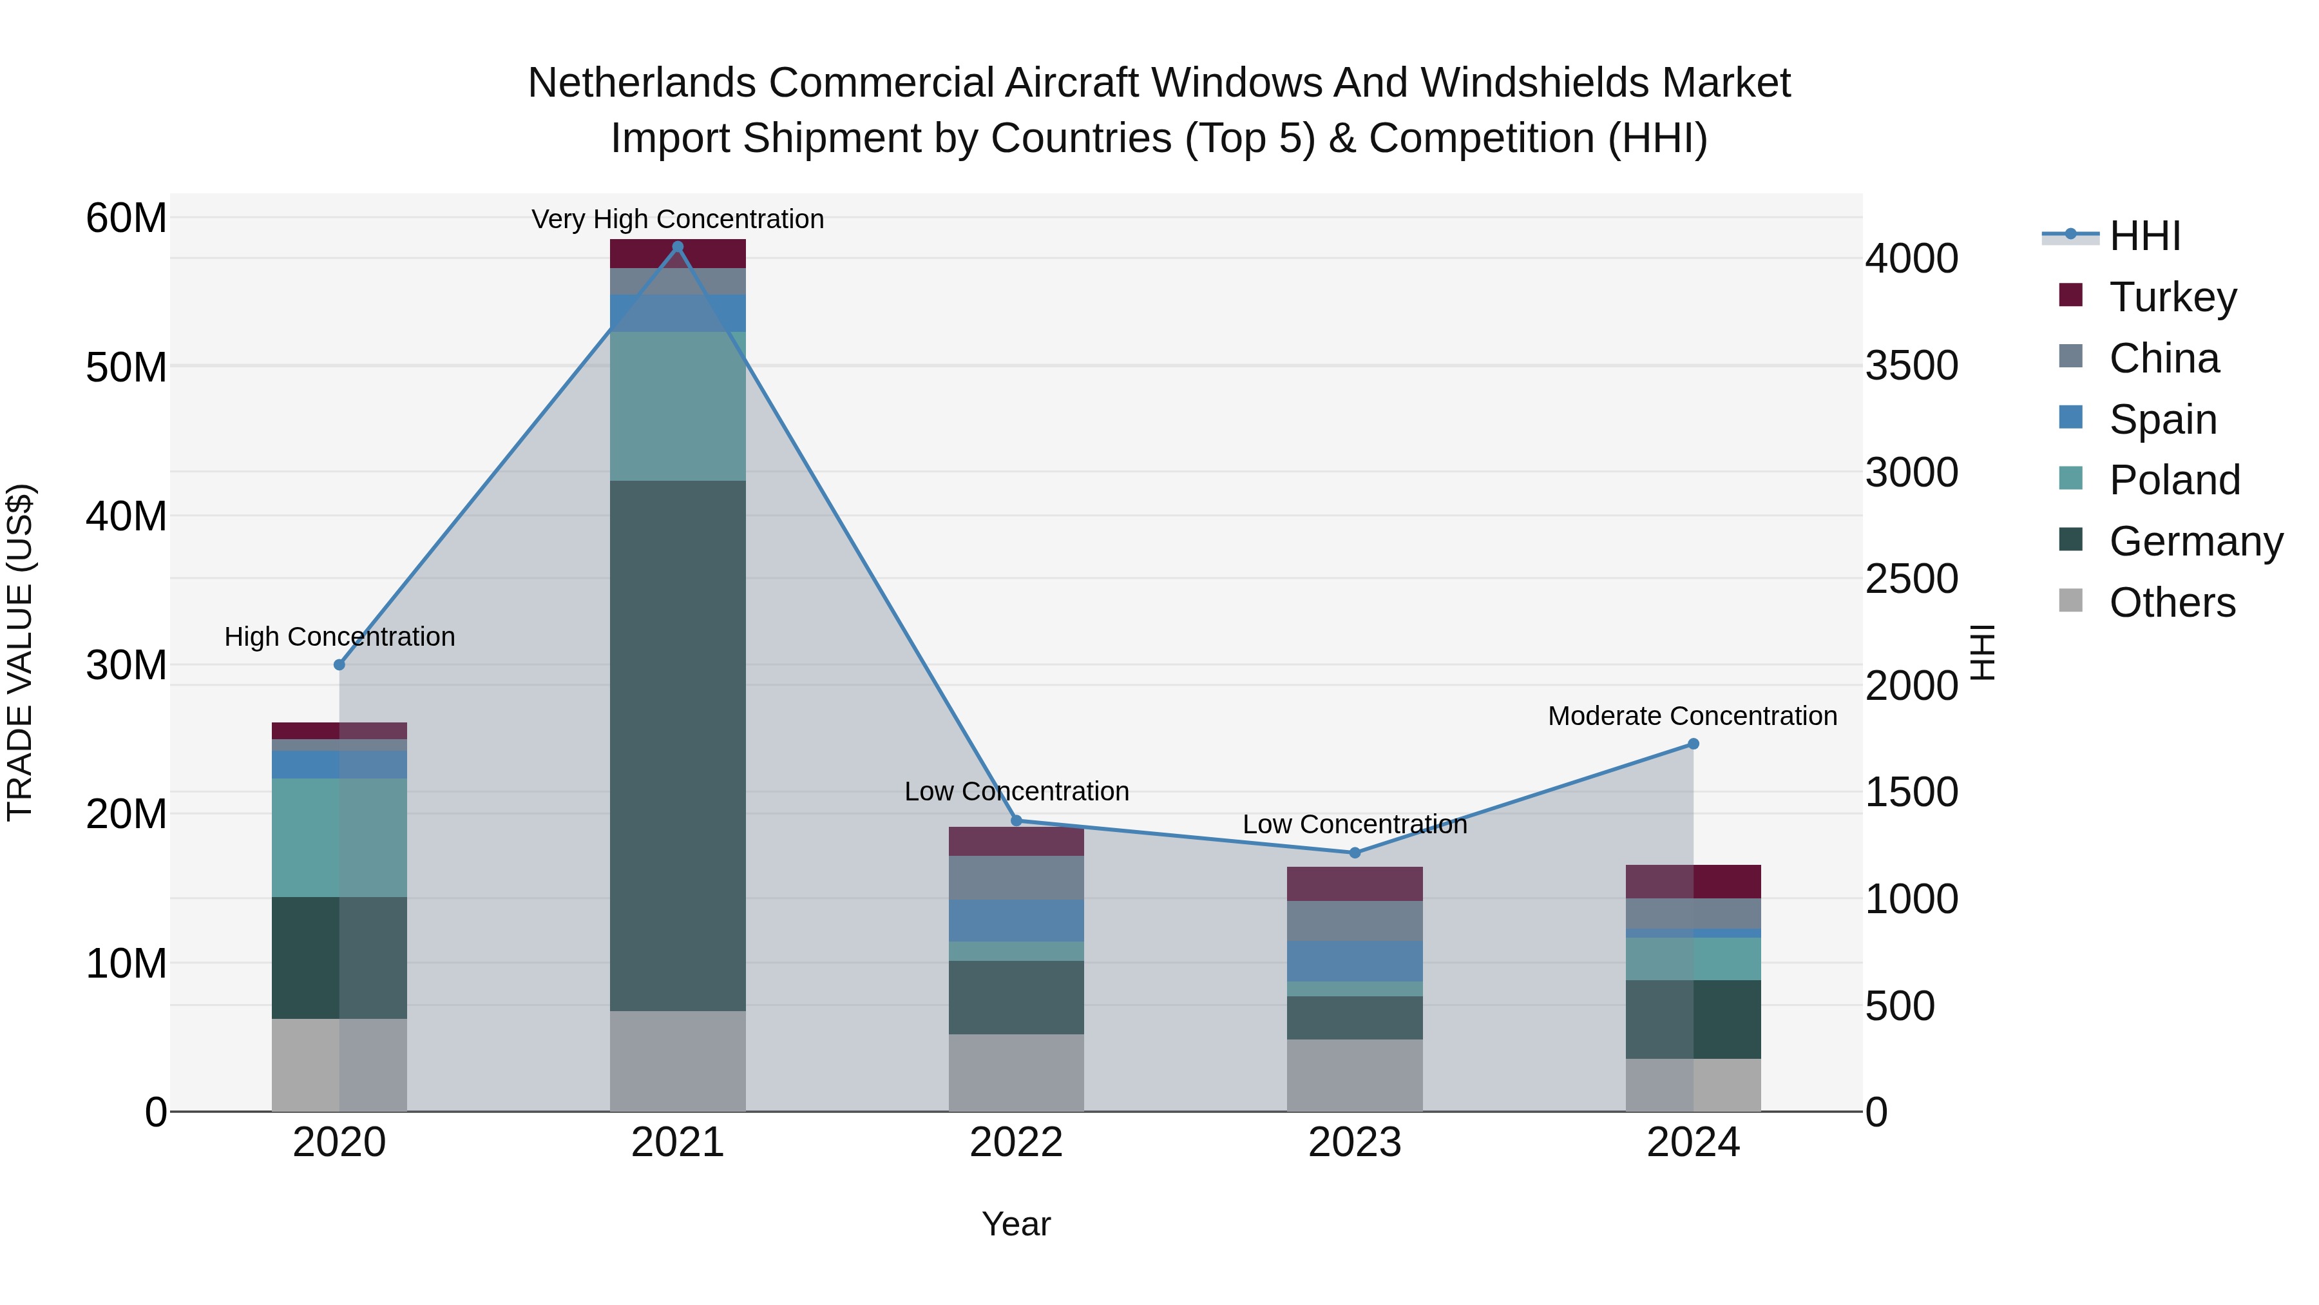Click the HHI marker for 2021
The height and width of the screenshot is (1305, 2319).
point(678,247)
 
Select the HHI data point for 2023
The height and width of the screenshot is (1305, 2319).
point(1355,852)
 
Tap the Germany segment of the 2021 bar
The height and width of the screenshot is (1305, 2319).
point(678,745)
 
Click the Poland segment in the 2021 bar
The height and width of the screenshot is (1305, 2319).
point(678,405)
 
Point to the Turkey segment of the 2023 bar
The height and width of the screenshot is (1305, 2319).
point(1355,884)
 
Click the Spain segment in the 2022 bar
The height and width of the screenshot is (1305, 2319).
point(1016,920)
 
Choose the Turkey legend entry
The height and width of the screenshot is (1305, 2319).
point(2172,297)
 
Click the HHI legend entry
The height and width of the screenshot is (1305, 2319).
point(2144,236)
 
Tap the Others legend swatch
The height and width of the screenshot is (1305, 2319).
point(2070,601)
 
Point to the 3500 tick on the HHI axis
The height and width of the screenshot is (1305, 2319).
point(1911,365)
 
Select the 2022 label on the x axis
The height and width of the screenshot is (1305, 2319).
point(1016,1143)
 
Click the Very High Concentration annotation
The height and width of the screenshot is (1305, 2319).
point(678,219)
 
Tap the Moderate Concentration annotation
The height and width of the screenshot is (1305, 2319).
point(1692,716)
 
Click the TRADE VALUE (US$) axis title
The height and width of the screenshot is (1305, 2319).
point(20,653)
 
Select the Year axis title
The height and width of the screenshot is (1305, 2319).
point(1016,1224)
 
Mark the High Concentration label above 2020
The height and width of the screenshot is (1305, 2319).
point(339,637)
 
